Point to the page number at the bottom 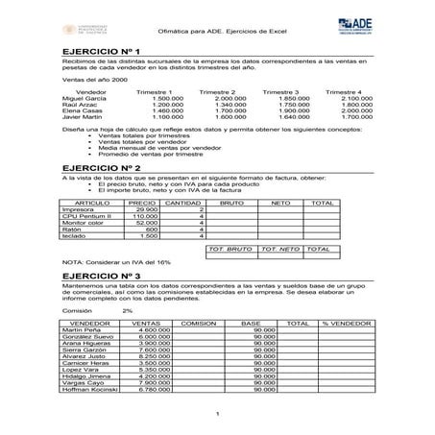pyautogui.click(x=219, y=414)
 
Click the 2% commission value pyautogui.click(x=128, y=311)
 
